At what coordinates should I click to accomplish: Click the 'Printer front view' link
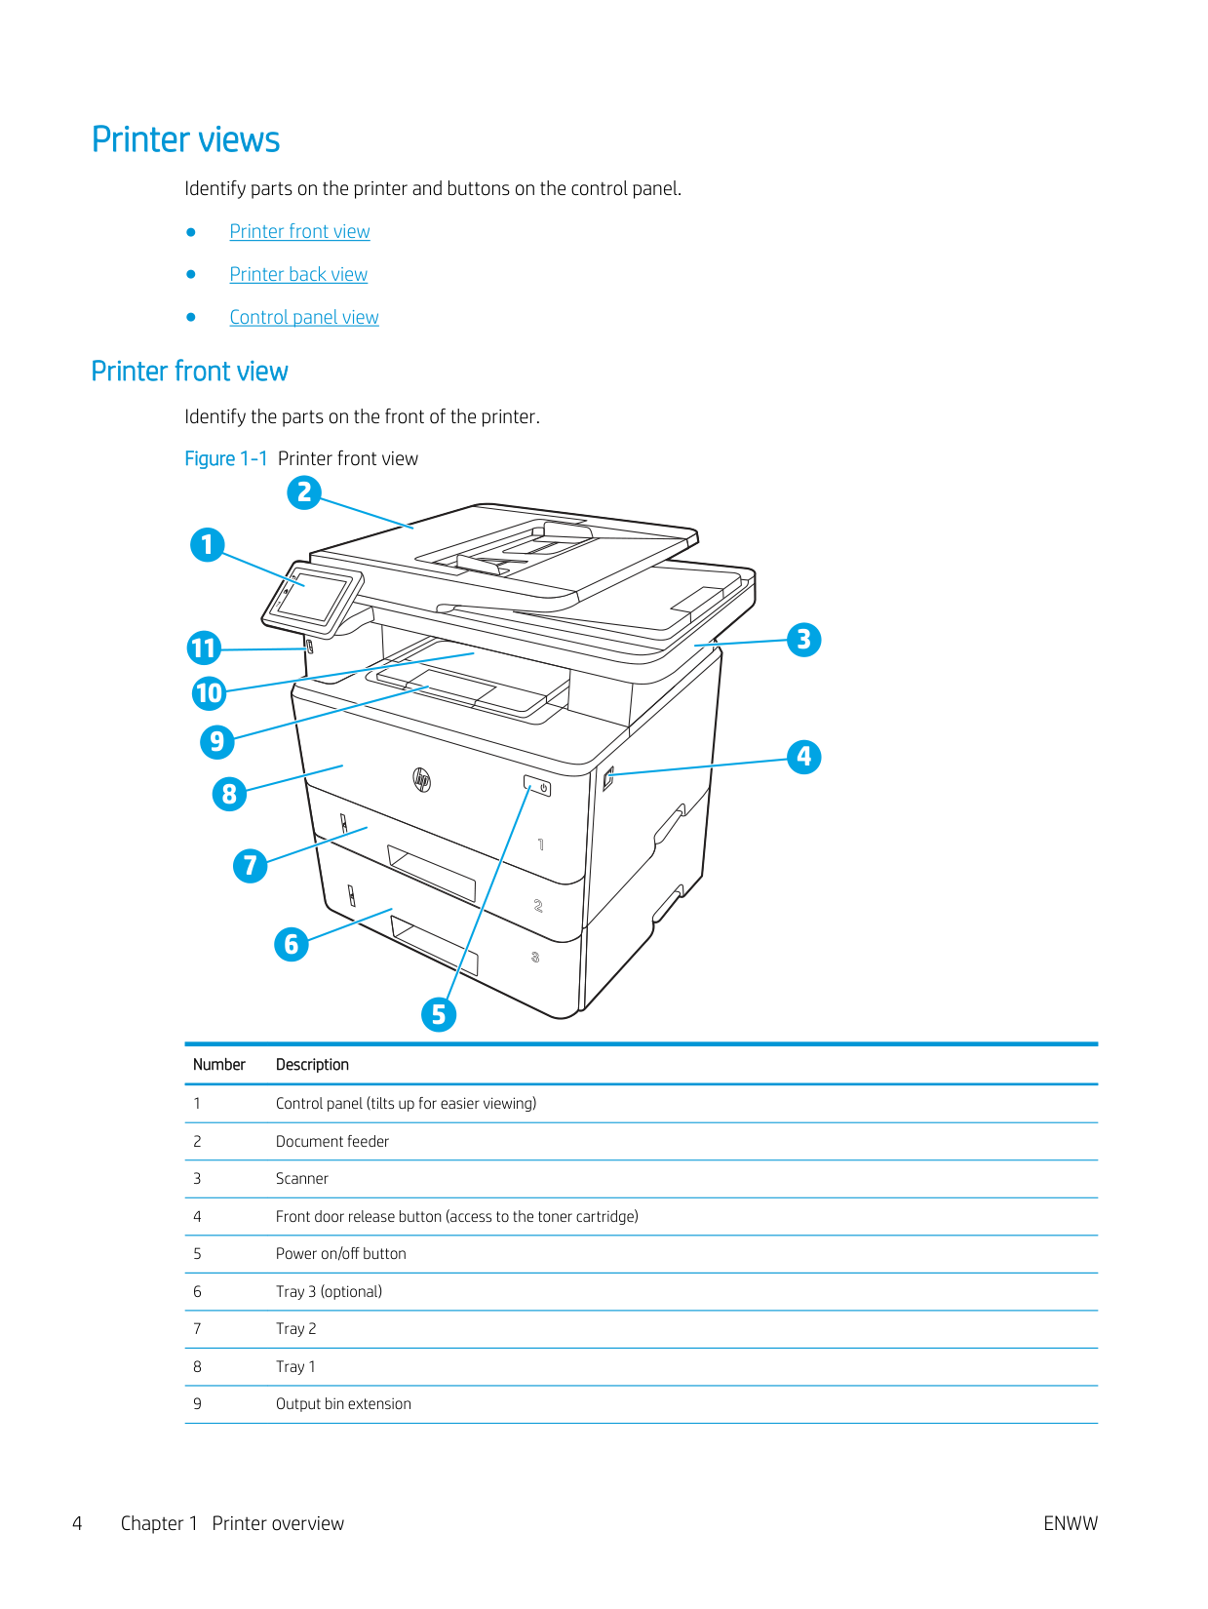[x=299, y=232]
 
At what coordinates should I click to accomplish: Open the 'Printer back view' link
[x=298, y=275]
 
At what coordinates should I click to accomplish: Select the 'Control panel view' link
[x=304, y=318]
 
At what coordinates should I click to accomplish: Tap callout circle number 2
[x=304, y=492]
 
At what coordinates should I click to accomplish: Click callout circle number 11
[x=205, y=648]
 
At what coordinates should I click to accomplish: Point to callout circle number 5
[x=439, y=1014]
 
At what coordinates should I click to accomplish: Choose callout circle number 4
[x=803, y=757]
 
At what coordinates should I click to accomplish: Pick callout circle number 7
[x=251, y=865]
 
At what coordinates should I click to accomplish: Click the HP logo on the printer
[x=422, y=779]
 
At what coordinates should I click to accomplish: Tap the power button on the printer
[x=538, y=786]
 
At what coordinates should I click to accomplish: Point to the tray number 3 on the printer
[x=535, y=958]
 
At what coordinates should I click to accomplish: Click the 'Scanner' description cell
[x=302, y=1179]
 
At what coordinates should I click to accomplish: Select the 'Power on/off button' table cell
[x=340, y=1254]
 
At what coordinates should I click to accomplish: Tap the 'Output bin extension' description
[x=343, y=1404]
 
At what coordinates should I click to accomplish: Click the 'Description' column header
[x=312, y=1065]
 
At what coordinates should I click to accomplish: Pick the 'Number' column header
[x=219, y=1065]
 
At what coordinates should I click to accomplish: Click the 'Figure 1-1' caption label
[x=226, y=459]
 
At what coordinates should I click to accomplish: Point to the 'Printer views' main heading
[x=186, y=140]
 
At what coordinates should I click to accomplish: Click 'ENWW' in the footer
[x=1070, y=1523]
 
